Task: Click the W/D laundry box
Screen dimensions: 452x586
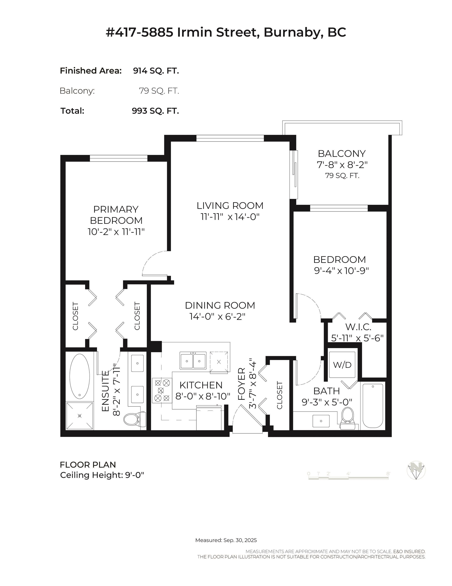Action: [342, 365]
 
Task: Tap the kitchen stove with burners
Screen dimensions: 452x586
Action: [162, 390]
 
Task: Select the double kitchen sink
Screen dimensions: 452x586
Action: [193, 361]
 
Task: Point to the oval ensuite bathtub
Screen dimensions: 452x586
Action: [79, 376]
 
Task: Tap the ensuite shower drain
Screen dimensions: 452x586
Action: [79, 416]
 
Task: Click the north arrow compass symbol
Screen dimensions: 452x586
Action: [416, 470]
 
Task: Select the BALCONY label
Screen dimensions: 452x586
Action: [342, 153]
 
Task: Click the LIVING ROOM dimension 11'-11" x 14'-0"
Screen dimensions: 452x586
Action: [230, 217]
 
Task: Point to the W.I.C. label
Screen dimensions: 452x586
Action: [358, 327]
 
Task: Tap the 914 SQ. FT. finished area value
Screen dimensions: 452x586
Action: [156, 71]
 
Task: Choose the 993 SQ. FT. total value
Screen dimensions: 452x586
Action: [155, 111]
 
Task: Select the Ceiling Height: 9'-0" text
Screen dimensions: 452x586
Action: [102, 475]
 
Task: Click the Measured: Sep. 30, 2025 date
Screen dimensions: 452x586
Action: [226, 540]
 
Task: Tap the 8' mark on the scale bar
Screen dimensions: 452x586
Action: [388, 474]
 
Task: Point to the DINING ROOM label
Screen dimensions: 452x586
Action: [220, 305]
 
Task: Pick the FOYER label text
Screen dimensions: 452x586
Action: [242, 384]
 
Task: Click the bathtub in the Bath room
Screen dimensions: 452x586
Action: [373, 406]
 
